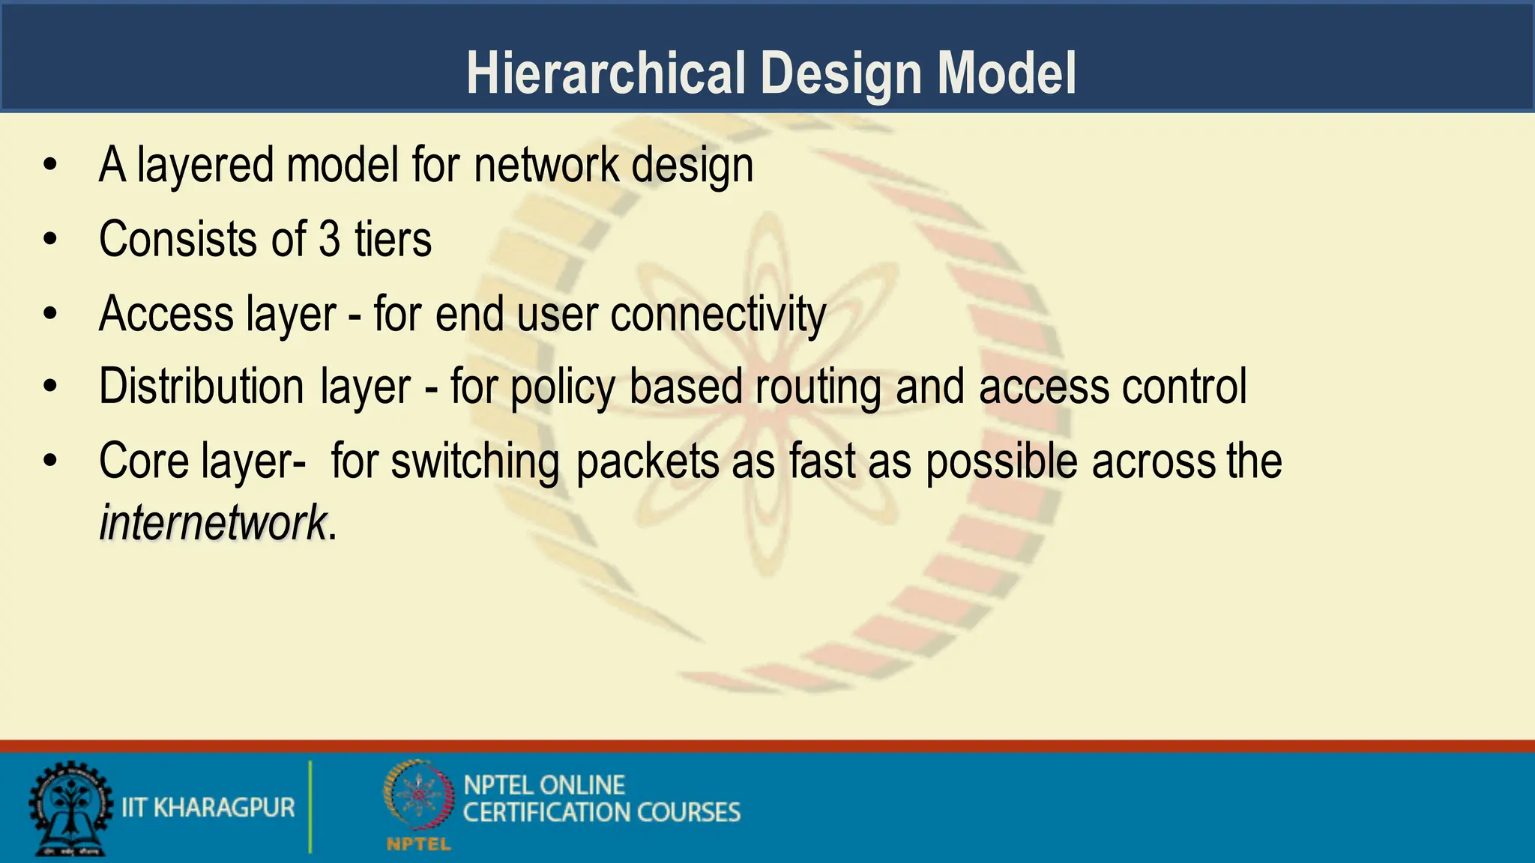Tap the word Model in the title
(1007, 74)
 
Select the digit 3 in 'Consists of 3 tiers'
(330, 240)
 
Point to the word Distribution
(201, 387)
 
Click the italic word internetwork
(213, 522)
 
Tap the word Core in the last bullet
(143, 461)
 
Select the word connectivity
(718, 314)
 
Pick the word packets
(648, 461)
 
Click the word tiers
(393, 240)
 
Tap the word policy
(562, 387)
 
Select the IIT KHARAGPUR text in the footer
(208, 808)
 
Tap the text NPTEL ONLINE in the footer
(544, 785)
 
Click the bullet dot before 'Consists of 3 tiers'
(50, 240)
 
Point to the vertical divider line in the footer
(310, 807)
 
